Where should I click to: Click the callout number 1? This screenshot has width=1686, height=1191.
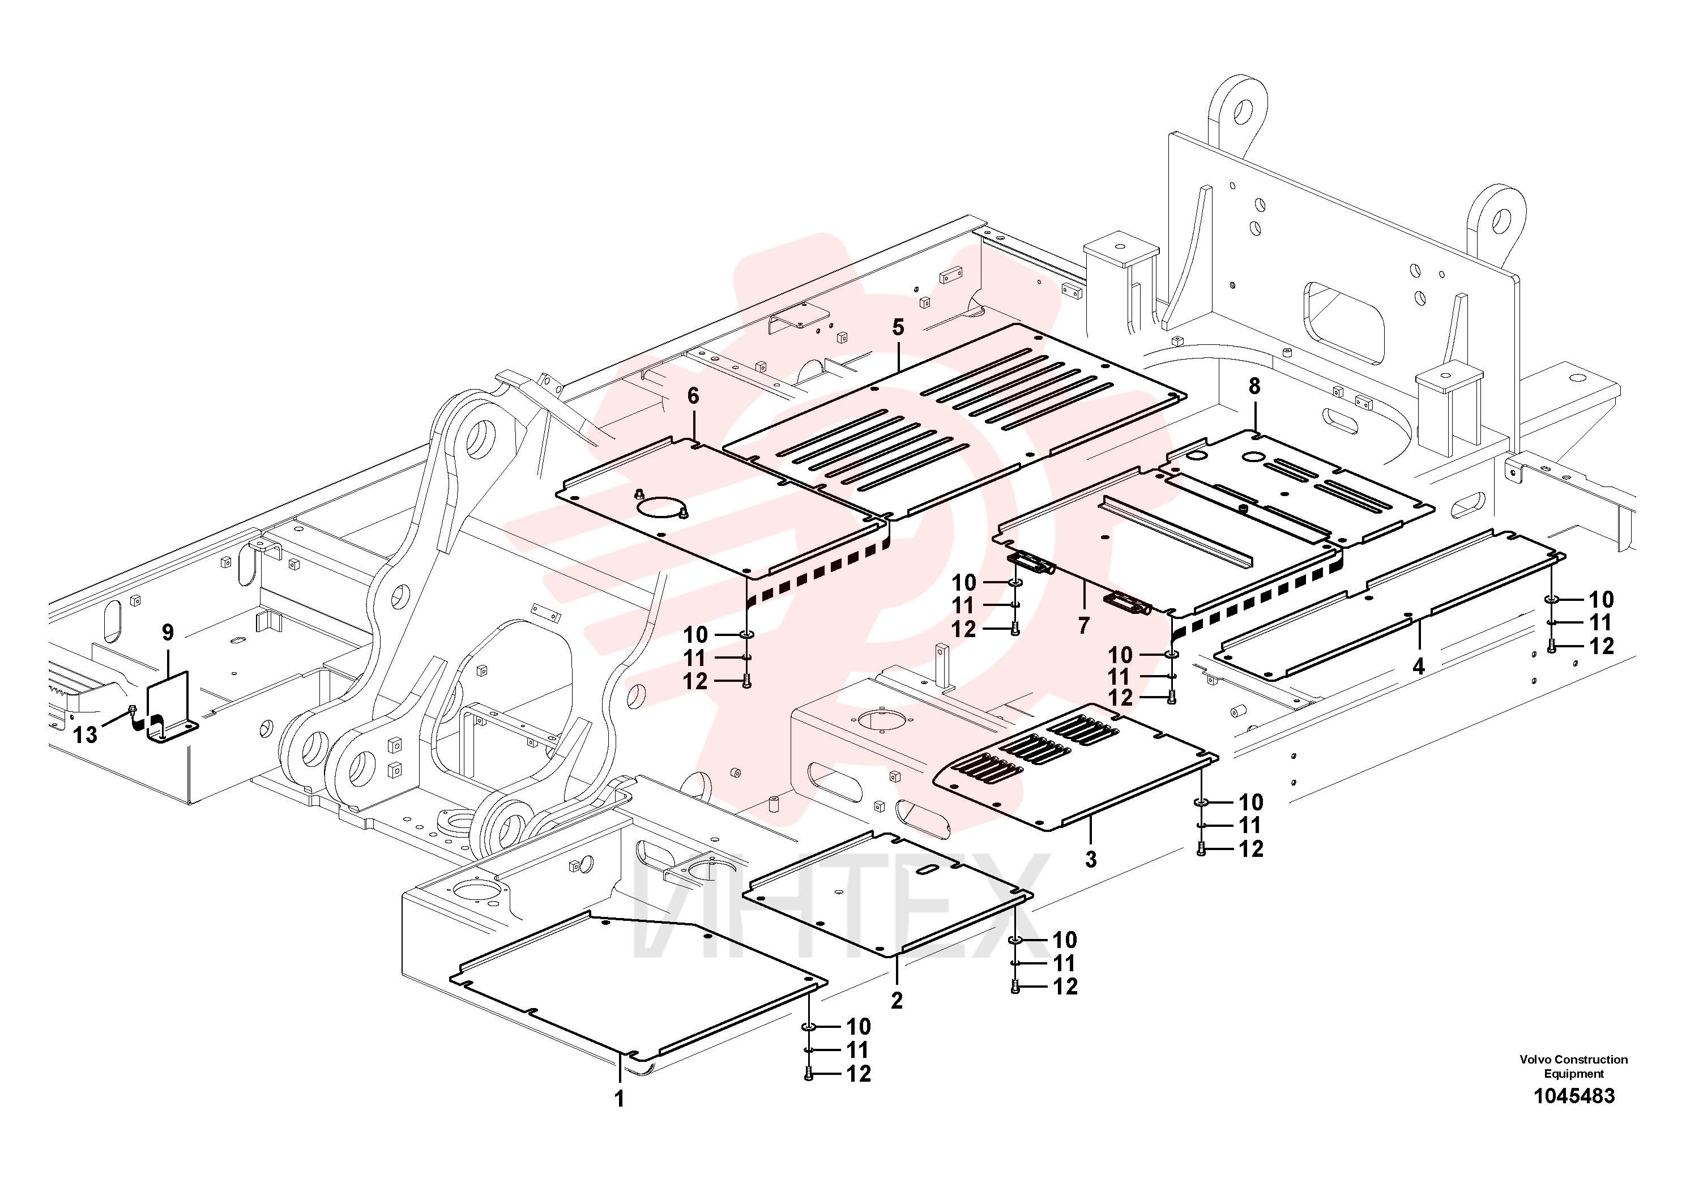[619, 1099]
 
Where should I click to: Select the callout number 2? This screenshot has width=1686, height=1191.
[897, 1000]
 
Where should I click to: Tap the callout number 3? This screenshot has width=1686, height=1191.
[1091, 859]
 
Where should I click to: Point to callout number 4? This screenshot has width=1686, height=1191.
[1419, 666]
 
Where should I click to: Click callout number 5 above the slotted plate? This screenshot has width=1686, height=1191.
[898, 327]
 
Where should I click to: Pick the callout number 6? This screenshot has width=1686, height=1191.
[693, 396]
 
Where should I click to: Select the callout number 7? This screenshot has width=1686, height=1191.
[1084, 626]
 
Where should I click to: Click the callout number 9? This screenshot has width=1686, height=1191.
[168, 631]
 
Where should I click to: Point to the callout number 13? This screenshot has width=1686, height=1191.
[85, 735]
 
